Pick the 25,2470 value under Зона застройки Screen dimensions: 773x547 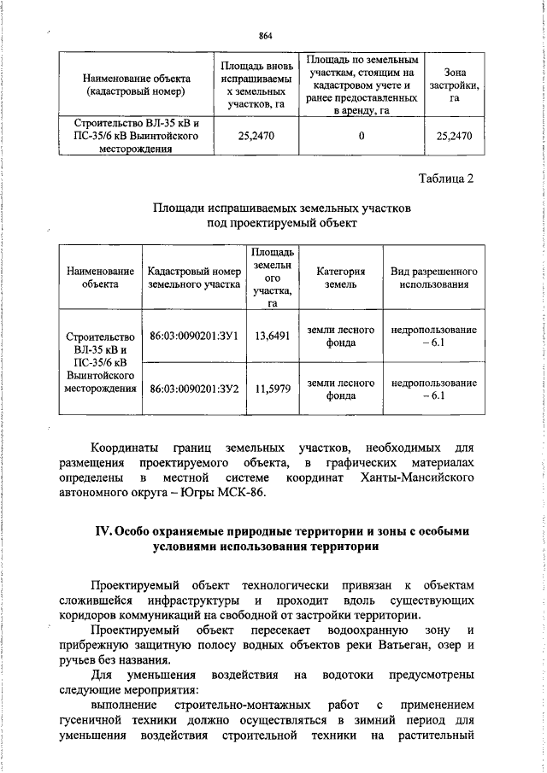[x=454, y=135]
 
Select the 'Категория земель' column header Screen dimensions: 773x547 [x=340, y=278]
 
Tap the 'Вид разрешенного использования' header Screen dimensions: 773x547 [x=433, y=278]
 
